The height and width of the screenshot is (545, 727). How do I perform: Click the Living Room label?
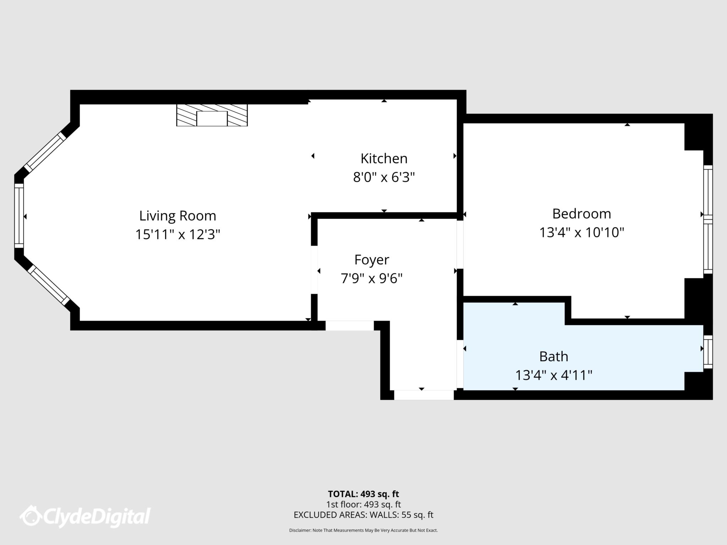(x=177, y=216)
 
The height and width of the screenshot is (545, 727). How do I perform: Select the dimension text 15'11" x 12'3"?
(x=177, y=235)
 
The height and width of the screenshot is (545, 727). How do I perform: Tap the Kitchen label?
(x=384, y=159)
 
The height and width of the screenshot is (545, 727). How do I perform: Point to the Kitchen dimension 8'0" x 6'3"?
(x=384, y=177)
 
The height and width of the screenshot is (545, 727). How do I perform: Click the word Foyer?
(x=372, y=260)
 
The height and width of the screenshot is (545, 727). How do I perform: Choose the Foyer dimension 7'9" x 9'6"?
(x=372, y=279)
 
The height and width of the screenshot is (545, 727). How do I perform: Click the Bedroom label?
(x=581, y=214)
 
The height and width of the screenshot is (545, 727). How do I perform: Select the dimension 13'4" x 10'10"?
(x=581, y=233)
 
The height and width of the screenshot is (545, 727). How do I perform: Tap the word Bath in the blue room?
(x=553, y=356)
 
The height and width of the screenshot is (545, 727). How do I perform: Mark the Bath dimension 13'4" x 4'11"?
(x=553, y=375)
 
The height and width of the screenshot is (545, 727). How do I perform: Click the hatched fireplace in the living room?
(x=212, y=115)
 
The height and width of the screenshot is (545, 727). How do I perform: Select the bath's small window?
(x=708, y=352)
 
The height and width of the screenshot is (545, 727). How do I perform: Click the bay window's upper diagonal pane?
(x=45, y=152)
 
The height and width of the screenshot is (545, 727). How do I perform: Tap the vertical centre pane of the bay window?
(x=19, y=216)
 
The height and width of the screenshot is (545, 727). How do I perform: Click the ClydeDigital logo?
(x=85, y=516)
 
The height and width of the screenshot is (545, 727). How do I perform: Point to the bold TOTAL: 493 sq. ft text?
(x=363, y=494)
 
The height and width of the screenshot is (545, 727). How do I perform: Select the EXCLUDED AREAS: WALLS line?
(x=363, y=515)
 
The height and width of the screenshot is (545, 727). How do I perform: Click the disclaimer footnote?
(x=363, y=530)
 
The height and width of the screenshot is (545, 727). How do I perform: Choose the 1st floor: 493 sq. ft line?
(x=363, y=504)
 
